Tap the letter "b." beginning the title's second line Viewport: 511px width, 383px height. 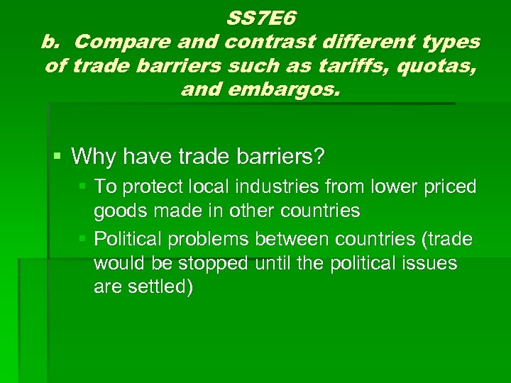point(55,42)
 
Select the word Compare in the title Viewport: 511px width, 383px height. point(110,42)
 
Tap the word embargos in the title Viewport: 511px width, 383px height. point(280,90)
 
